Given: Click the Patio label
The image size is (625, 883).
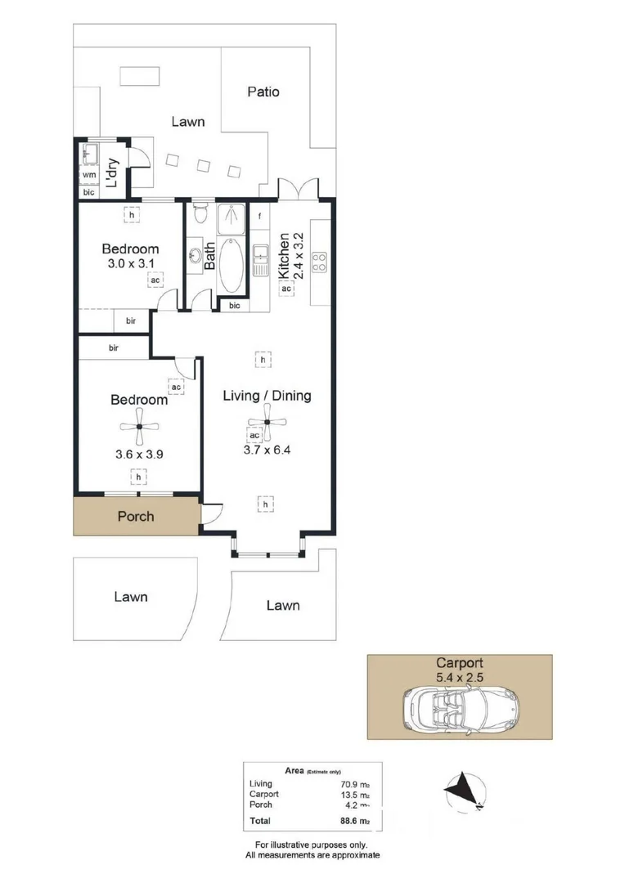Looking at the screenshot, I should pos(263,92).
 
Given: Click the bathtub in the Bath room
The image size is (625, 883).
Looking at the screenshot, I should pos(232,266).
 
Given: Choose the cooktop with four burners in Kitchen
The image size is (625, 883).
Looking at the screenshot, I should pos(320,262).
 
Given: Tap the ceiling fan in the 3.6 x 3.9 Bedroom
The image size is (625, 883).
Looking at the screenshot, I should pos(139,426).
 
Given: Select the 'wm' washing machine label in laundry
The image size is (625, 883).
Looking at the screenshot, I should pos(88,175).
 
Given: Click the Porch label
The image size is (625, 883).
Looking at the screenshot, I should pos(136,517).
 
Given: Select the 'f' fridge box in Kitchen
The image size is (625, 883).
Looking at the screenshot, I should pos(259,217).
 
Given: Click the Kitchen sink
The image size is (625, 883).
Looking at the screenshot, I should pos(260,259).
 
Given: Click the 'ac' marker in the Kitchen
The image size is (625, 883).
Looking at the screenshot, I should pos(286,289).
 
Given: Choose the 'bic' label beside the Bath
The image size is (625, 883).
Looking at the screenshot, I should pos(235,306).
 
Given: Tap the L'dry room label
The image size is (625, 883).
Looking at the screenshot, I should pos(114,173).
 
